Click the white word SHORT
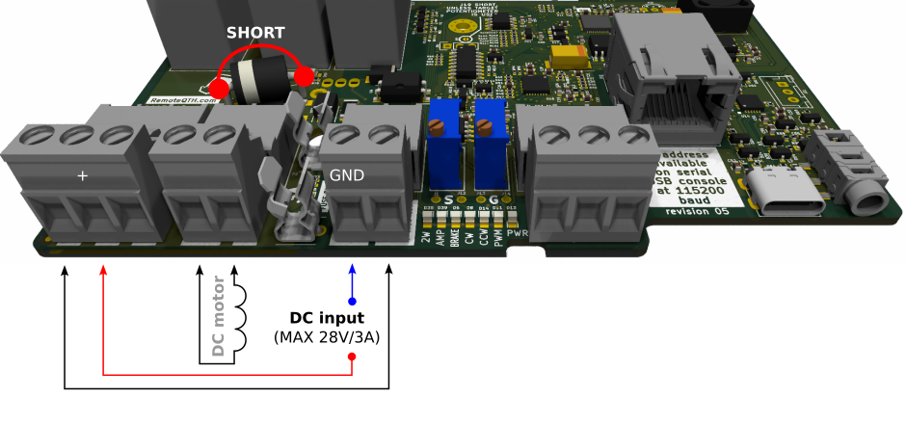255,33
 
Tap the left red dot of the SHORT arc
219,90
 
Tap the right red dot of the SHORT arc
305,76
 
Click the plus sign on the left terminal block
82,176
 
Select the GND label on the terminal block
348,176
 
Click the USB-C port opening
783,196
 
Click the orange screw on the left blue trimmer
438,125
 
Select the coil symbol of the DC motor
236,318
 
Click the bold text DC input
327,317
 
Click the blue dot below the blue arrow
352,302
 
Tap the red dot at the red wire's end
352,357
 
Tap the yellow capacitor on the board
582,53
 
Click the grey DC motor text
218,318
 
